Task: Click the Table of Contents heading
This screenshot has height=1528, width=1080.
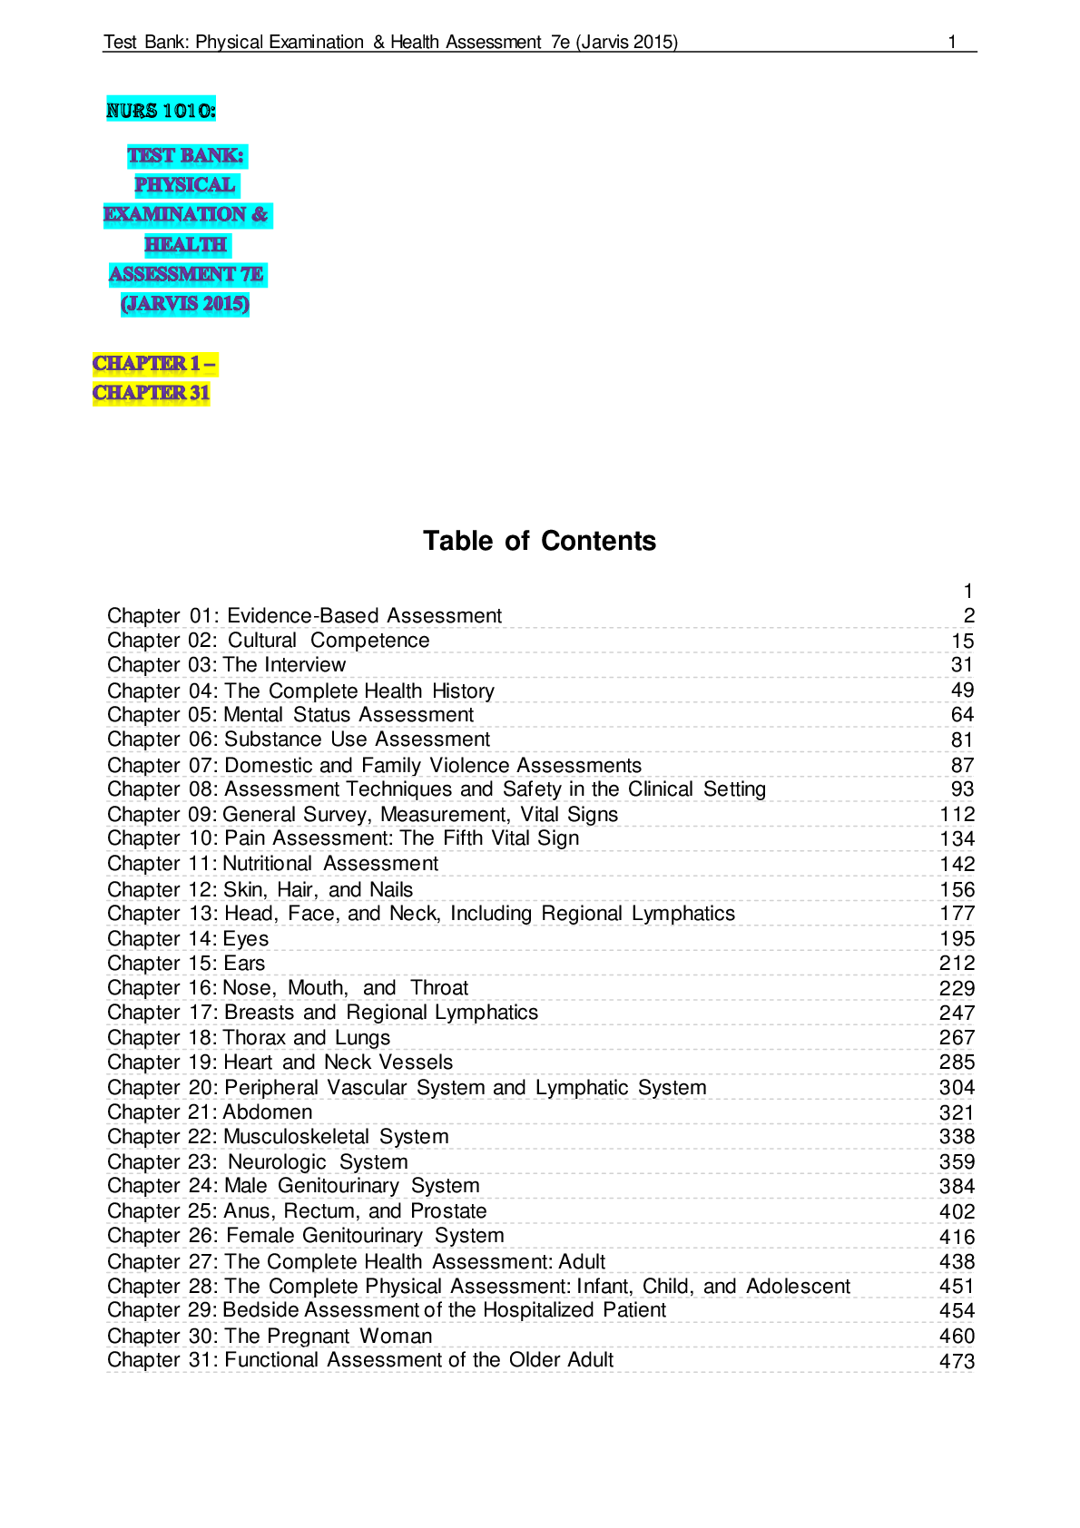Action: pyautogui.click(x=539, y=541)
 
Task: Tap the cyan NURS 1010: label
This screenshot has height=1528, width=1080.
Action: pyautogui.click(x=161, y=110)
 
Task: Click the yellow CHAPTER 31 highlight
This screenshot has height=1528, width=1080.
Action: pyautogui.click(x=152, y=393)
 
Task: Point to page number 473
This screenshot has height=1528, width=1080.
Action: pyautogui.click(x=957, y=1361)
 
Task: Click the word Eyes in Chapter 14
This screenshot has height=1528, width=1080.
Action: pyautogui.click(x=246, y=939)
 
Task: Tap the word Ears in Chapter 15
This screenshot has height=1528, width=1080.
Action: pyautogui.click(x=244, y=964)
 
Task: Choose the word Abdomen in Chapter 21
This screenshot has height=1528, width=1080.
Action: pyautogui.click(x=268, y=1112)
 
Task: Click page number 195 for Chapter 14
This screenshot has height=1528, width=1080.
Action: pyautogui.click(x=957, y=938)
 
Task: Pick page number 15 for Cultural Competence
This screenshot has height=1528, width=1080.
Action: pyautogui.click(x=963, y=641)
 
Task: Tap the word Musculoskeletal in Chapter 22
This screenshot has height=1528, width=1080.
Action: pyautogui.click(x=296, y=1136)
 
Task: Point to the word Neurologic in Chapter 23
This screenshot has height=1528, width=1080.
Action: pyautogui.click(x=277, y=1161)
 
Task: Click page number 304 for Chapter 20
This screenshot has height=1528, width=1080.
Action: pyautogui.click(x=957, y=1087)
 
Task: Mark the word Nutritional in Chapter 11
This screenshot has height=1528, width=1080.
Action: pyautogui.click(x=268, y=863)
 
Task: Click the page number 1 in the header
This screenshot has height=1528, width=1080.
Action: pyautogui.click(x=952, y=42)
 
